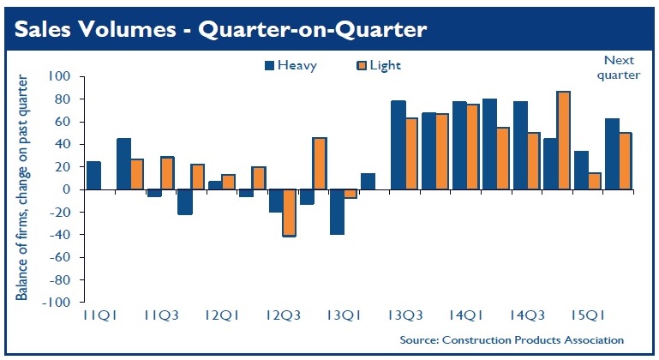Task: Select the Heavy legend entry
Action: tap(291, 65)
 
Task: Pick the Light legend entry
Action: tap(378, 65)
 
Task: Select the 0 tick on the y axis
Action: tap(66, 189)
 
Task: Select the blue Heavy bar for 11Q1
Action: tap(93, 176)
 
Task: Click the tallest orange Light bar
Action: tap(563, 141)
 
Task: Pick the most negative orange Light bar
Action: tap(289, 213)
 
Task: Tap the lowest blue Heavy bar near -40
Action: tap(337, 212)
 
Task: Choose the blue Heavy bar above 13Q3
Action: tap(398, 145)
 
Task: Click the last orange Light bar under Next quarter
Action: tap(625, 161)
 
